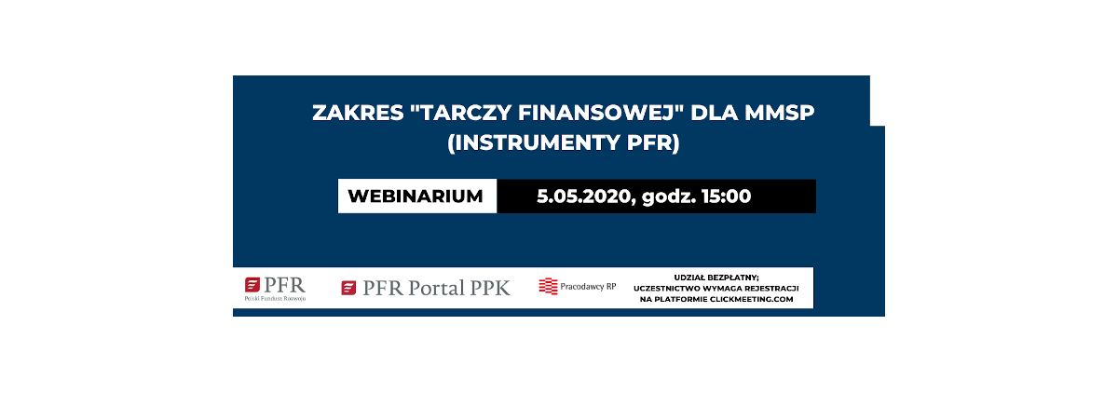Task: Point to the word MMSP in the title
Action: [780, 113]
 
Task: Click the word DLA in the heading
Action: [715, 113]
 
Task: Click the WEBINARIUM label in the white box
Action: [416, 196]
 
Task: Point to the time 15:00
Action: [726, 196]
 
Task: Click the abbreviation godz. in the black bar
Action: [669, 196]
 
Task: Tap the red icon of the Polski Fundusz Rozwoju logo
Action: [252, 285]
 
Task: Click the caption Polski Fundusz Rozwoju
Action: [275, 298]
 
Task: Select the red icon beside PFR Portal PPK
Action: [348, 288]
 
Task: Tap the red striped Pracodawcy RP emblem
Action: [548, 286]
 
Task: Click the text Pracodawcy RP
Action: [588, 286]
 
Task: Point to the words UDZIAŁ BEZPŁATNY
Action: [716, 278]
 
